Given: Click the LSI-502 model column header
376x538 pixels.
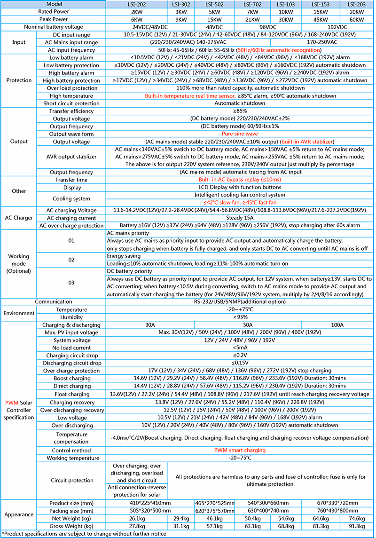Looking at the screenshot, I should click(x=214, y=4).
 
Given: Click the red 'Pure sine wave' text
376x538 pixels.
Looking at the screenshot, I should click(x=240, y=134).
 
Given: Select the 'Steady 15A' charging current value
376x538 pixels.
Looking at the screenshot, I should click(x=240, y=218).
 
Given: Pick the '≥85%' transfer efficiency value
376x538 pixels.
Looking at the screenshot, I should click(x=240, y=111).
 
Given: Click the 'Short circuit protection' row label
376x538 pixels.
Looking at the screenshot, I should click(x=71, y=103).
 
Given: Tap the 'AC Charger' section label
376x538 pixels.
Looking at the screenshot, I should click(x=19, y=218).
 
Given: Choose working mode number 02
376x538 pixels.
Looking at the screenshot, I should click(x=71, y=260).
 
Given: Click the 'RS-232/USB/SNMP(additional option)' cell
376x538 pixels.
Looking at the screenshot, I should click(x=240, y=301).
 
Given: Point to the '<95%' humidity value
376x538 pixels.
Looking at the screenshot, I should click(x=240, y=317).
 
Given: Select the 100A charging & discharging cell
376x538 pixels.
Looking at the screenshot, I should click(x=337, y=325).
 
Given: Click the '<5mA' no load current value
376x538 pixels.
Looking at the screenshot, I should click(x=240, y=348).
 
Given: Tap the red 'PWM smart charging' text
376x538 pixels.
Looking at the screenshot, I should click(x=240, y=450).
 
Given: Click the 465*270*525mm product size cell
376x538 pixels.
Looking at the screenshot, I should click(x=214, y=503).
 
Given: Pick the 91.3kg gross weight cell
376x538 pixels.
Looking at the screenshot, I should click(x=357, y=525).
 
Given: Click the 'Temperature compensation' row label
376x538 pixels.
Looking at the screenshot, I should click(x=71, y=438).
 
